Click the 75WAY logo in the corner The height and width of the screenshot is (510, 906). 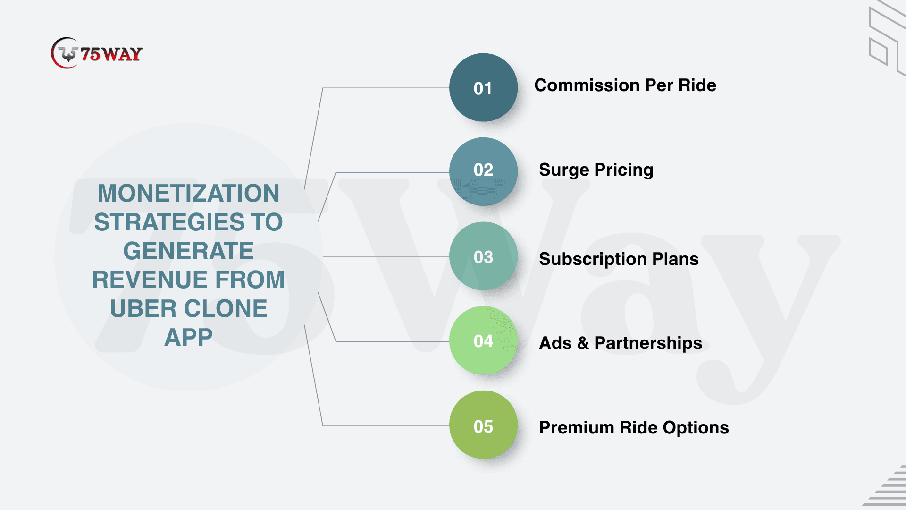point(97,53)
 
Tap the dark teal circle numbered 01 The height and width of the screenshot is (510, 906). point(483,87)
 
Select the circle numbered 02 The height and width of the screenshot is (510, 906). point(483,171)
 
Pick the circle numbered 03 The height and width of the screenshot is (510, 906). point(483,256)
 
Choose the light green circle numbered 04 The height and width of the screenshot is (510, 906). point(483,340)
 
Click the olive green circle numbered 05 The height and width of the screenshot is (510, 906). point(483,425)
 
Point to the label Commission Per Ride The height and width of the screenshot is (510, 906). point(625,85)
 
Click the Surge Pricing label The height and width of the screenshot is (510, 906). point(596,170)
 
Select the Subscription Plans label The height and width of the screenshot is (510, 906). point(619,259)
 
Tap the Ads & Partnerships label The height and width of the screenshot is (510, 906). point(621,343)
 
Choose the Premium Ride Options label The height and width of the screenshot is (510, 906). point(634,428)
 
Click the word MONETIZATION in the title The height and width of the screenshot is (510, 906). point(188,193)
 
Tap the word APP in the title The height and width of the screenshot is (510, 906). point(188,337)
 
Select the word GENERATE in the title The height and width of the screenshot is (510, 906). point(188,251)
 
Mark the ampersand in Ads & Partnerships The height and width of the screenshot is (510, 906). point(583,343)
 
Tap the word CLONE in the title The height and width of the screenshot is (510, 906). point(226,308)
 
